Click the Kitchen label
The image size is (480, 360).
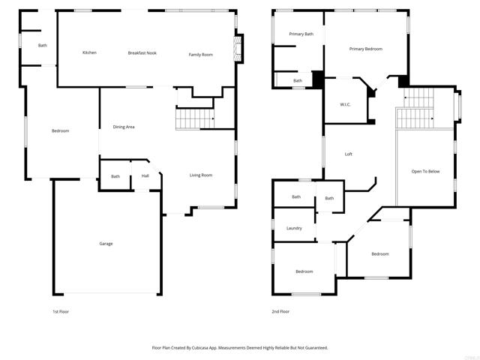(89, 52)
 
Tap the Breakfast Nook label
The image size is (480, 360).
(142, 52)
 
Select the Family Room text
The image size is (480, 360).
(200, 54)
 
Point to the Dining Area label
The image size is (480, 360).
(124, 127)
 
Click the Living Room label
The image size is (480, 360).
(200, 175)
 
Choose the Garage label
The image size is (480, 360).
(106, 243)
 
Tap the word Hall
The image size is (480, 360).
(145, 176)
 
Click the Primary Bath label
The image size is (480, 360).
(301, 34)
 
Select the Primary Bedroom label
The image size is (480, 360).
(365, 49)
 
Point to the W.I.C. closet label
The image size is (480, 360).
(346, 104)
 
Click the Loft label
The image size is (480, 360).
(348, 154)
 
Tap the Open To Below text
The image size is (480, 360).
(424, 171)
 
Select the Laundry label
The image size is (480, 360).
(294, 228)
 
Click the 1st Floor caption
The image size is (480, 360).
(61, 310)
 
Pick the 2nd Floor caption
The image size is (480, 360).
(280, 310)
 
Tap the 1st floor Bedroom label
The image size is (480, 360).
(60, 130)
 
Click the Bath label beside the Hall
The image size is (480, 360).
(115, 176)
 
